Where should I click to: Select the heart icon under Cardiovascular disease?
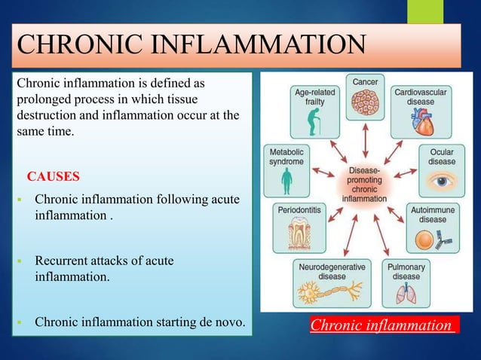click(420, 120)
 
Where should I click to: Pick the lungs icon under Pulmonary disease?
click(406, 295)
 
